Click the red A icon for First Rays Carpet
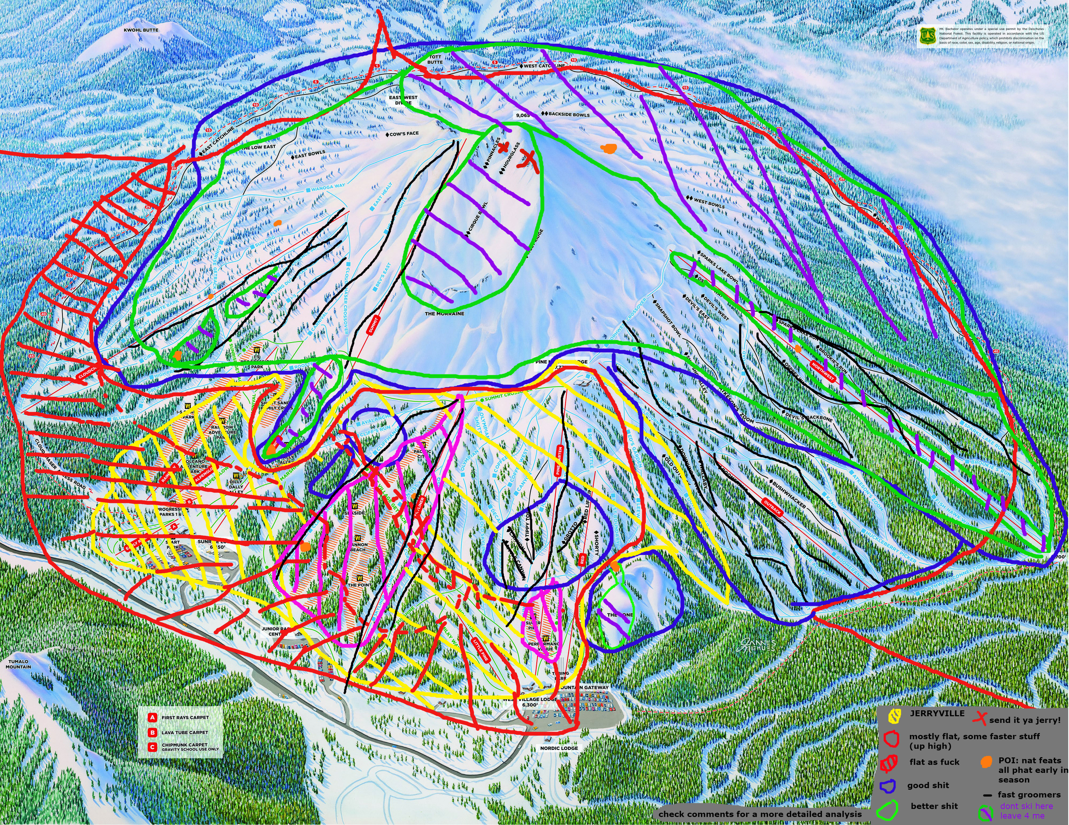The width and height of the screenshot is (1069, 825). pyautogui.click(x=153, y=717)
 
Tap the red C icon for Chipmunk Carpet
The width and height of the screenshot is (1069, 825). pyautogui.click(x=153, y=747)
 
